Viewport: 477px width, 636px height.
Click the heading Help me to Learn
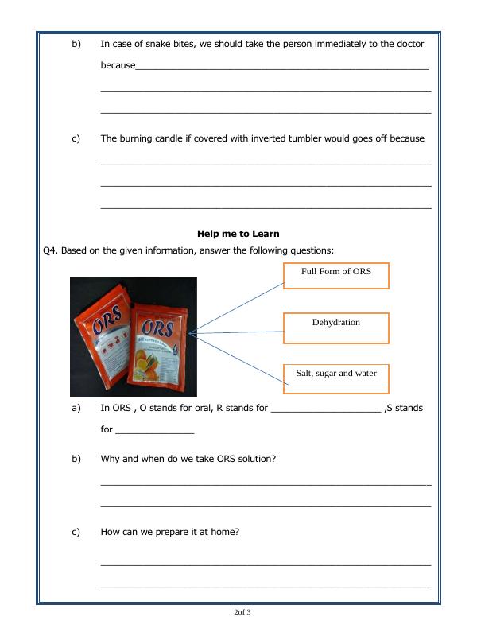click(x=238, y=234)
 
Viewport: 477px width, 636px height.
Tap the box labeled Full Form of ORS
click(x=335, y=274)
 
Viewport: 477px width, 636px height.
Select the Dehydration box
click(x=335, y=327)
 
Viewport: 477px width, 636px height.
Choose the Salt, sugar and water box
click(x=336, y=377)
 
